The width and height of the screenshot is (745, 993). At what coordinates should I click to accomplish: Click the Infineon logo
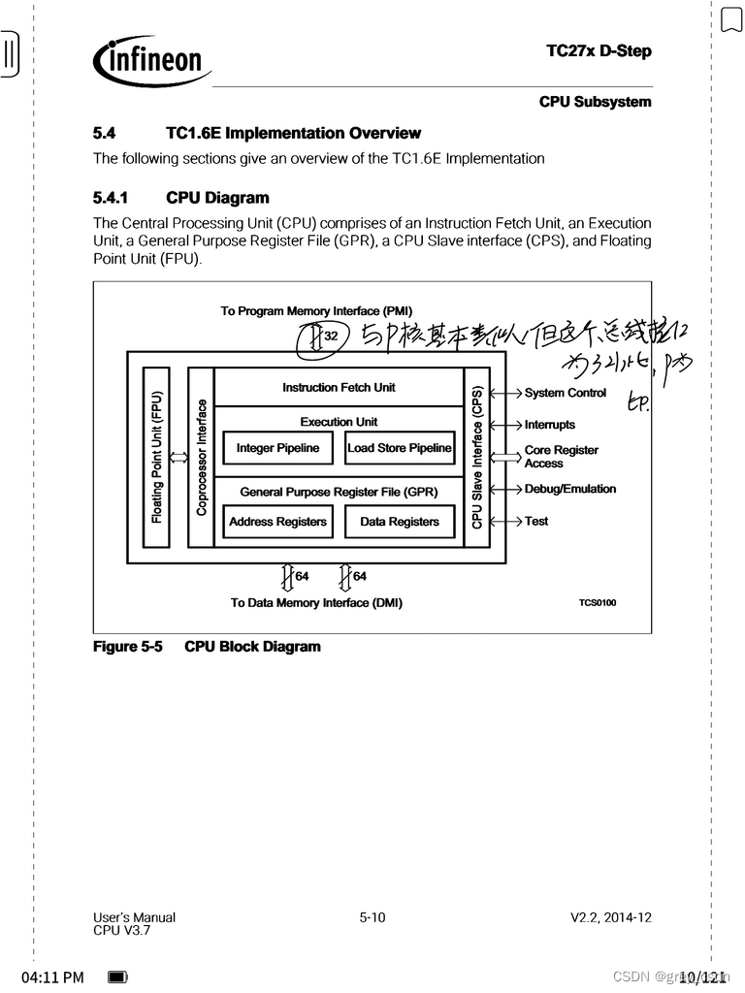click(152, 61)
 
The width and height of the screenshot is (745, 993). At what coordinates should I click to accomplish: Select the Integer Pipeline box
click(277, 448)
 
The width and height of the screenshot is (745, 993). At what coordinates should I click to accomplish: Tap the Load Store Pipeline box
click(400, 448)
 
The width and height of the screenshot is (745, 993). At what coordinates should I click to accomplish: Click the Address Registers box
click(277, 522)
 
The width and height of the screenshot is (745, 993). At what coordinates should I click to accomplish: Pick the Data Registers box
click(400, 522)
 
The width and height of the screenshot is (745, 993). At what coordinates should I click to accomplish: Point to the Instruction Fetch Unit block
click(339, 387)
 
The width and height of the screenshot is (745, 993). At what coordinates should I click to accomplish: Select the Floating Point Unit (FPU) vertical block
click(156, 457)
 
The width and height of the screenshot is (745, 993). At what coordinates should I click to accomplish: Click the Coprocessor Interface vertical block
click(201, 457)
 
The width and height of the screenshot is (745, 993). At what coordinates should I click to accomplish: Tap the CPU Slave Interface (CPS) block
click(477, 457)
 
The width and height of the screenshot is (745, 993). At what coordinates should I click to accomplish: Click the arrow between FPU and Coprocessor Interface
click(178, 458)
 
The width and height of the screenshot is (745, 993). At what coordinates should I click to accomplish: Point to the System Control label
click(565, 393)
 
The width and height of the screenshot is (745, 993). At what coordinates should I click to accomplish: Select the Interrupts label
click(549, 425)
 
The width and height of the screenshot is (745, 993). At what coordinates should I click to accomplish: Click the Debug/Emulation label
click(569, 489)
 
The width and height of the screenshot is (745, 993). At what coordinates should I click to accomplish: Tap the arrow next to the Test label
click(506, 521)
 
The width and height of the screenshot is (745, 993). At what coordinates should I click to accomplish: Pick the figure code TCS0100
click(597, 603)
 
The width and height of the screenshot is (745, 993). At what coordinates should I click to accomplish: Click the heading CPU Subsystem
click(595, 102)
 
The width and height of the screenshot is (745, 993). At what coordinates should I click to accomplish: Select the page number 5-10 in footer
click(372, 917)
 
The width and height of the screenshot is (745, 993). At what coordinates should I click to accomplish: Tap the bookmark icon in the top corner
click(730, 19)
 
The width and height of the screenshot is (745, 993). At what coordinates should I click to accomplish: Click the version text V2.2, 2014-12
click(610, 917)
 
